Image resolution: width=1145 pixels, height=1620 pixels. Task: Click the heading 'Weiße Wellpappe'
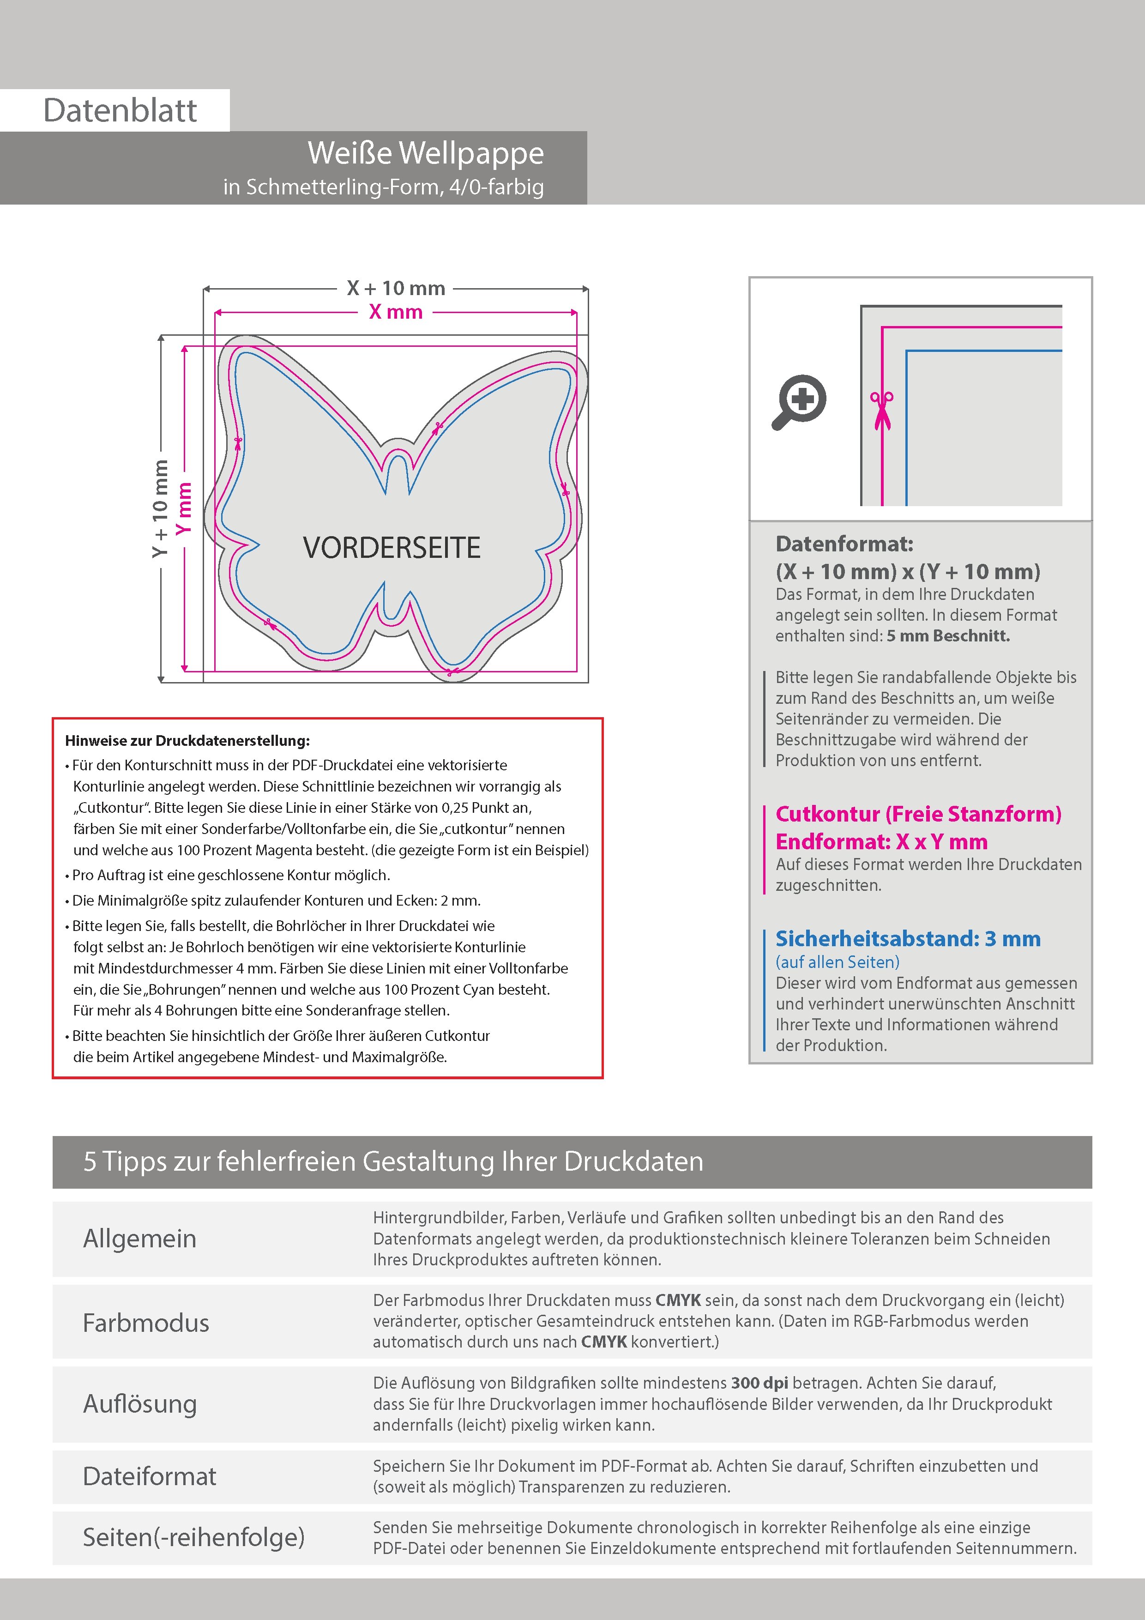425,153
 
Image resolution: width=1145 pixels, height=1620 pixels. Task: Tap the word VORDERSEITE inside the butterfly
392,548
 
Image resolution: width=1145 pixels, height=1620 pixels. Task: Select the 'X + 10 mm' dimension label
396,289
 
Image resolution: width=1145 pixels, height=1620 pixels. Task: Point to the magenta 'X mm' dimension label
396,312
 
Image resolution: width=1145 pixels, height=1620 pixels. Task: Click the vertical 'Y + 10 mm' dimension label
161,508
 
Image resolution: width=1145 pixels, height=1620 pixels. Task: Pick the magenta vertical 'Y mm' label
184,508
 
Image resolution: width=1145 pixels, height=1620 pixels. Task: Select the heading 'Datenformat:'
844,544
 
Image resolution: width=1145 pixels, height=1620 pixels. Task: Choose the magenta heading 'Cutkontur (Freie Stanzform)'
918,814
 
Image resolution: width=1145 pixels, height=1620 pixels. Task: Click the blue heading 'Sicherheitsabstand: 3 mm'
907,939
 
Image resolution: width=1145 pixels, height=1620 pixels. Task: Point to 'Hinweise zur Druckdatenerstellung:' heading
187,741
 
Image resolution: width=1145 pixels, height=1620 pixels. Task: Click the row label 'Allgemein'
140,1238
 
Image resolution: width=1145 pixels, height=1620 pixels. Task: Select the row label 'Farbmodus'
146,1322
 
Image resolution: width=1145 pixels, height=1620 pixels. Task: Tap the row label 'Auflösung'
140,1403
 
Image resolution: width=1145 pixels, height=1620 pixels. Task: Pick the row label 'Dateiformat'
150,1476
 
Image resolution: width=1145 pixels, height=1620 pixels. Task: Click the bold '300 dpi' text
760,1383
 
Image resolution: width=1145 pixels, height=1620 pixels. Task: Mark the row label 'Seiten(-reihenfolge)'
193,1537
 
